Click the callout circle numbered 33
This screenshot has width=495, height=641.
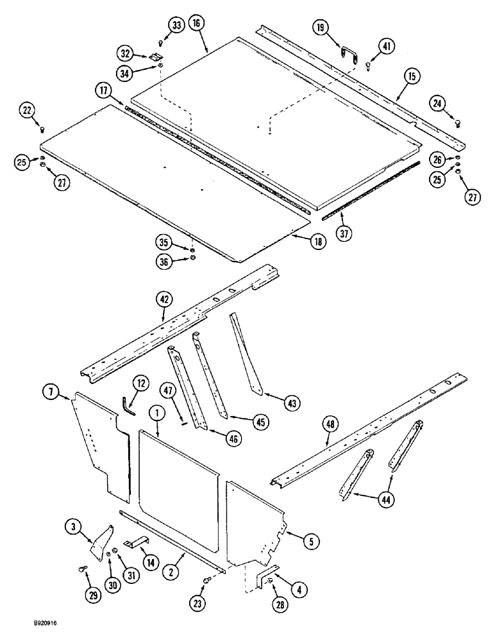(x=176, y=26)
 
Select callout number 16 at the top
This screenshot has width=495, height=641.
(x=196, y=24)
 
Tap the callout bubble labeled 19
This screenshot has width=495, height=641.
(x=322, y=28)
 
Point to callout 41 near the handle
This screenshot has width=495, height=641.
(x=387, y=47)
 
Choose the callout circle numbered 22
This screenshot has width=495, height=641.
(x=27, y=112)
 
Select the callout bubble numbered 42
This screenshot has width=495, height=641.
(x=164, y=298)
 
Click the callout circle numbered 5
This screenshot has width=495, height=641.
(x=311, y=541)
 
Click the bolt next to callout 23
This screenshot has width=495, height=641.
(x=204, y=580)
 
